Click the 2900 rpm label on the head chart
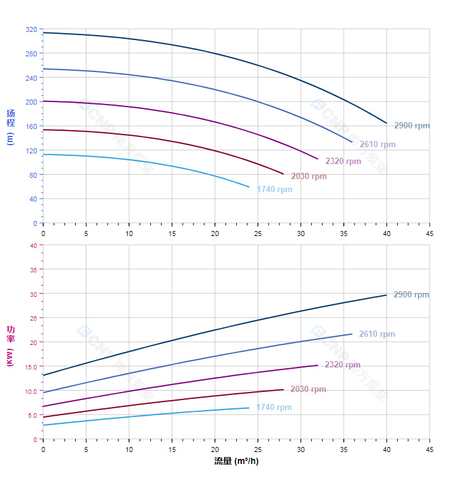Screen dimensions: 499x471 click(411, 126)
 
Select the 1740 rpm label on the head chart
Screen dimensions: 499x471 click(274, 190)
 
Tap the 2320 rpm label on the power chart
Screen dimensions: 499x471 click(343, 365)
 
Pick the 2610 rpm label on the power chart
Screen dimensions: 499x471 click(376, 334)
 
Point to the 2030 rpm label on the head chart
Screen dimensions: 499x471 click(309, 177)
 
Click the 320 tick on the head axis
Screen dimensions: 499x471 click(31, 29)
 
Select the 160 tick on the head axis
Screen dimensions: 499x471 click(31, 126)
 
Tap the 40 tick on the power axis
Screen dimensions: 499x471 click(33, 245)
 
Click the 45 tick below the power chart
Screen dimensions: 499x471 click(430, 450)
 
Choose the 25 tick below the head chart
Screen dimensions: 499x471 click(258, 234)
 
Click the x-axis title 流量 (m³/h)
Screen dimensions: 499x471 click(236, 461)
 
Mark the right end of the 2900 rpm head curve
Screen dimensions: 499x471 click(386, 123)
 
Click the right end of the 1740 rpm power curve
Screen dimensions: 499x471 click(249, 408)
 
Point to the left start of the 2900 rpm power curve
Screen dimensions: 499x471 click(43, 375)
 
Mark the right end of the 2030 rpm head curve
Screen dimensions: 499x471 click(283, 173)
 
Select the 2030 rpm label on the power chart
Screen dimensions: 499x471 click(308, 389)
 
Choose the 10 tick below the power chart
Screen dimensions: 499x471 click(129, 450)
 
